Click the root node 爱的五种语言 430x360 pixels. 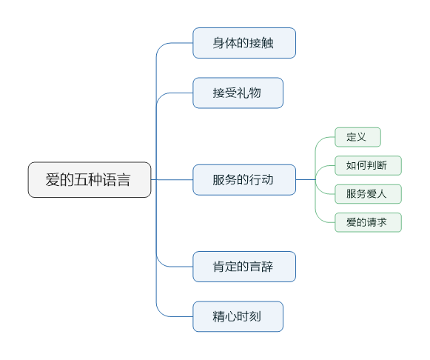90,179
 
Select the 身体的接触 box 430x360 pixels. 244,43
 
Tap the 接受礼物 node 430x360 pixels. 238,93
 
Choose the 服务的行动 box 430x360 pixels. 244,179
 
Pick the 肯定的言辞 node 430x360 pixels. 244,266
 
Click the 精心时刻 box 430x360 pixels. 238,316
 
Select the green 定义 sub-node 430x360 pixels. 357,137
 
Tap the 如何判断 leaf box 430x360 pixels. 368,164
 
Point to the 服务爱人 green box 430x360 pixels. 368,194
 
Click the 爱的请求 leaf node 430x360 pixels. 368,222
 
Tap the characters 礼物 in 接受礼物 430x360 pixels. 250,93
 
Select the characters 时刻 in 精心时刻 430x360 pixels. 250,316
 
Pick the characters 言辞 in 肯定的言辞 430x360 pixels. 261,267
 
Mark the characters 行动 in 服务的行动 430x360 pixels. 261,180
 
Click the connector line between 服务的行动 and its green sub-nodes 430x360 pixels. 306,179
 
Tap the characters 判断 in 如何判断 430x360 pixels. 377,164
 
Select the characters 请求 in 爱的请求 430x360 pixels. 377,222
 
